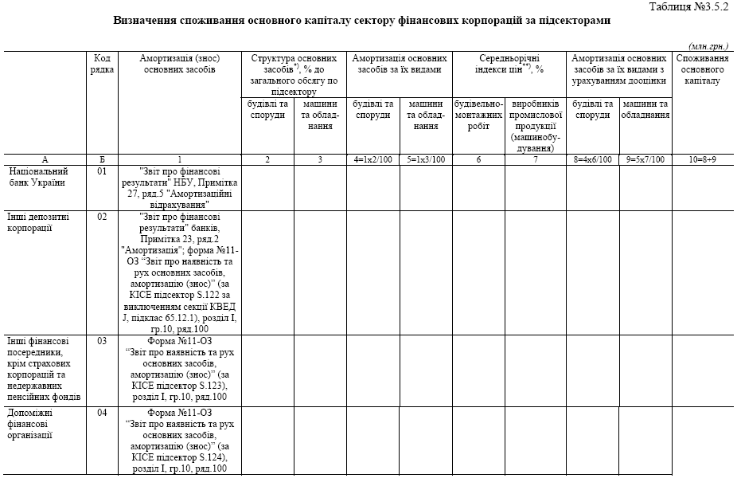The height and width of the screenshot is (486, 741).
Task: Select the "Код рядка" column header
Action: tap(102, 64)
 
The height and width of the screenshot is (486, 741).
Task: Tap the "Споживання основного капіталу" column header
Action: tap(701, 69)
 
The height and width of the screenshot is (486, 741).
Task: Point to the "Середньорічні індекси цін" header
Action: tap(509, 64)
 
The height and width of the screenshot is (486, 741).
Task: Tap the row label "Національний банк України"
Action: tap(38, 177)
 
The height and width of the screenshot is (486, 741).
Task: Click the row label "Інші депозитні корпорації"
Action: tap(31, 222)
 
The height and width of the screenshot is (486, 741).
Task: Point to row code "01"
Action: tap(102, 171)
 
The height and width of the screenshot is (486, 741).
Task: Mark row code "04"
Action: tap(102, 413)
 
